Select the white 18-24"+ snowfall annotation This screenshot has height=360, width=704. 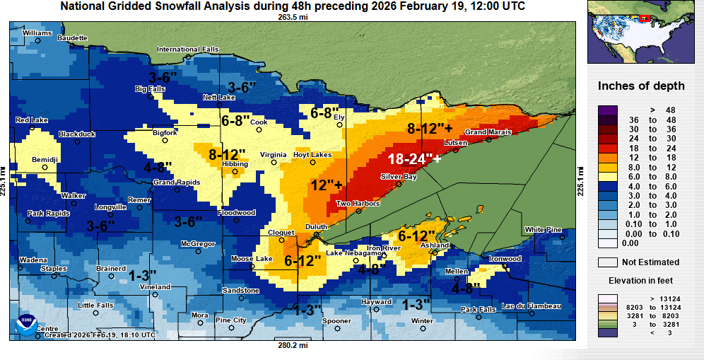tap(414, 159)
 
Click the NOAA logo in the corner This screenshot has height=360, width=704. tap(26, 324)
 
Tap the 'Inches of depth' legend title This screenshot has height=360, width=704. tap(641, 86)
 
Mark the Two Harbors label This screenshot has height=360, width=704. tap(358, 204)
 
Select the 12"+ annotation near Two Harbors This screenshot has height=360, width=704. tap(327, 185)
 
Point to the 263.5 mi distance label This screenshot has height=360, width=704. tap(293, 17)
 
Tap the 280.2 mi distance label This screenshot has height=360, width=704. tap(293, 345)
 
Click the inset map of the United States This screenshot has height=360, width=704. tap(641, 33)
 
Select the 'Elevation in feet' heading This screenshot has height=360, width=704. tap(641, 281)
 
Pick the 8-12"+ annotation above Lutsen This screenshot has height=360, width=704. tap(430, 129)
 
